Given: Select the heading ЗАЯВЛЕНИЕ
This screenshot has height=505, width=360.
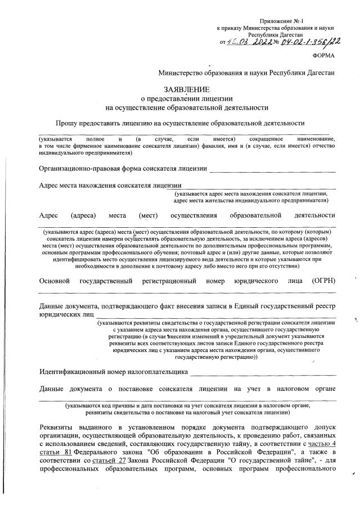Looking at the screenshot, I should click(x=186, y=89).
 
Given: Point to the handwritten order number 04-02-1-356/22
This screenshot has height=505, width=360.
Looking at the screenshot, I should click(x=304, y=40).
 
